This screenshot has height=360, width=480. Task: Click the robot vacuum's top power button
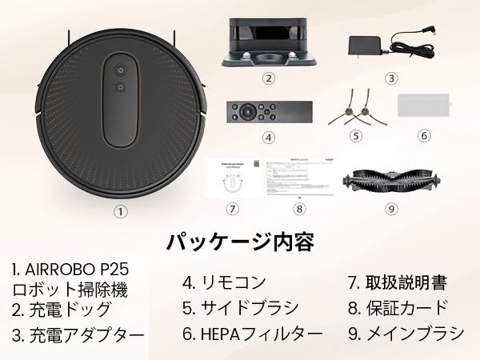121,69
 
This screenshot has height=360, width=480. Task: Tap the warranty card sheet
298,178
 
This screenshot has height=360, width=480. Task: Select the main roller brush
390,180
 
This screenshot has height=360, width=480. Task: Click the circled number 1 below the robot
120,212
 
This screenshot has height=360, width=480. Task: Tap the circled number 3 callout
391,78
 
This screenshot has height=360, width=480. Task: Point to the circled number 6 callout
425,136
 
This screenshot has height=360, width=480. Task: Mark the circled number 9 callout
391,209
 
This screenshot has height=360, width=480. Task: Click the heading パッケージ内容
240,242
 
